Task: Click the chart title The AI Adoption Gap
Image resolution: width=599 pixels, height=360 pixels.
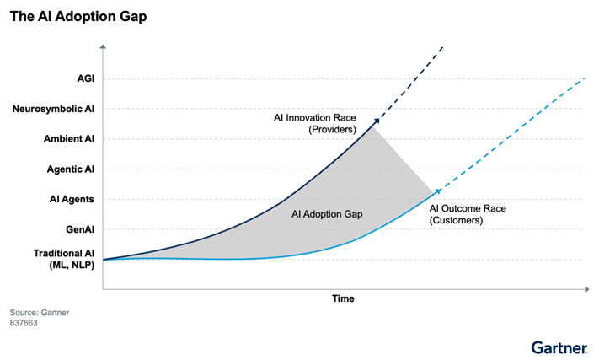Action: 78,18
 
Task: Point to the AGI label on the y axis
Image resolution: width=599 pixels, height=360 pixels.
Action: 83,78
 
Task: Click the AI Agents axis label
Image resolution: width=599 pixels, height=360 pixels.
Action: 71,199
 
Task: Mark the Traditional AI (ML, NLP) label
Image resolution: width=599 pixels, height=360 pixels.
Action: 63,259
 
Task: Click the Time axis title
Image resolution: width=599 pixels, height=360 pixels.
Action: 343,298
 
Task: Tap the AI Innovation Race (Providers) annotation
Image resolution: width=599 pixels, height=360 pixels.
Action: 315,123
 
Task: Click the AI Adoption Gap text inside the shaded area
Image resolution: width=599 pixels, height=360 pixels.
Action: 327,214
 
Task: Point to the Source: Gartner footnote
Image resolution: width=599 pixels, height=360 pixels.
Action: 40,312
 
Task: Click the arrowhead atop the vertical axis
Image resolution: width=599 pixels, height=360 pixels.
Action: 103,46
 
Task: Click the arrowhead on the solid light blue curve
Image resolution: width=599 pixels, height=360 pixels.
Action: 435,193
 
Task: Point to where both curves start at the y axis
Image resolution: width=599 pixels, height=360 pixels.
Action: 104,259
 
